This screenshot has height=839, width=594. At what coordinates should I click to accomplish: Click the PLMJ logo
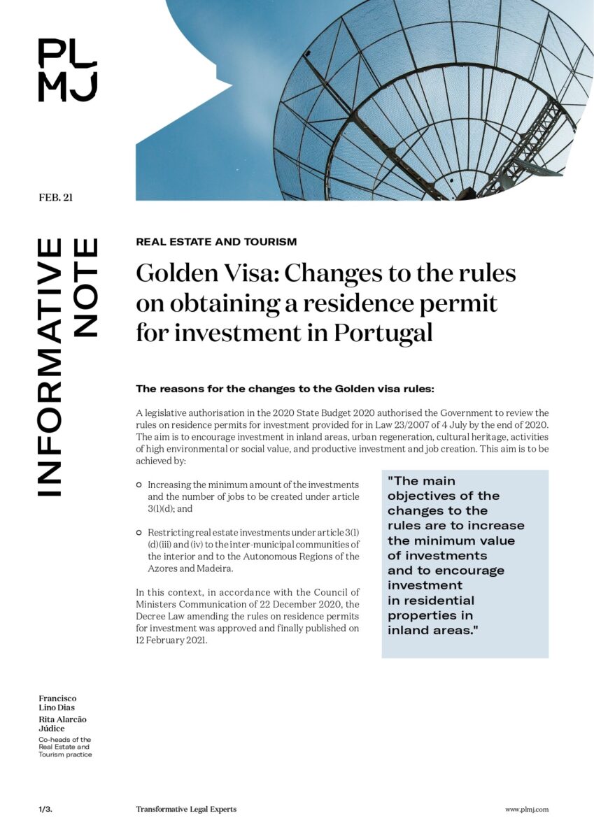pyautogui.click(x=67, y=70)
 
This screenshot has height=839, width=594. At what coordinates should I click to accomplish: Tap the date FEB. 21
pyautogui.click(x=56, y=197)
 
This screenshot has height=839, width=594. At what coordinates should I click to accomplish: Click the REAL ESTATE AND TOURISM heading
pyautogui.click(x=216, y=242)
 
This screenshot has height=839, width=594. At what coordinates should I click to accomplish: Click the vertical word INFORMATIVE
pyautogui.click(x=49, y=367)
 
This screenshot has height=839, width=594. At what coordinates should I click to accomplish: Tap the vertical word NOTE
pyautogui.click(x=85, y=288)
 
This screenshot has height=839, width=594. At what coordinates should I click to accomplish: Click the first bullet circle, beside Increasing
pyautogui.click(x=139, y=485)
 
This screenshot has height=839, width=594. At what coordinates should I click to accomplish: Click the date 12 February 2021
pyautogui.click(x=171, y=640)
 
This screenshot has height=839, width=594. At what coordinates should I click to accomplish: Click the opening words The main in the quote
pyautogui.click(x=422, y=481)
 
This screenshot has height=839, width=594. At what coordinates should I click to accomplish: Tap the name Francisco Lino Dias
pyautogui.click(x=57, y=703)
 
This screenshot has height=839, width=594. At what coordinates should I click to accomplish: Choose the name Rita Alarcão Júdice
pyautogui.click(x=62, y=724)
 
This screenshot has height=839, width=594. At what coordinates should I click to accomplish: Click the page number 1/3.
pyautogui.click(x=45, y=809)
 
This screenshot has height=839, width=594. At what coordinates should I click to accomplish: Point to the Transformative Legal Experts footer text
pyautogui.click(x=186, y=809)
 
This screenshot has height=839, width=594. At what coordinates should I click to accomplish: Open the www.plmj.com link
pyautogui.click(x=527, y=809)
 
